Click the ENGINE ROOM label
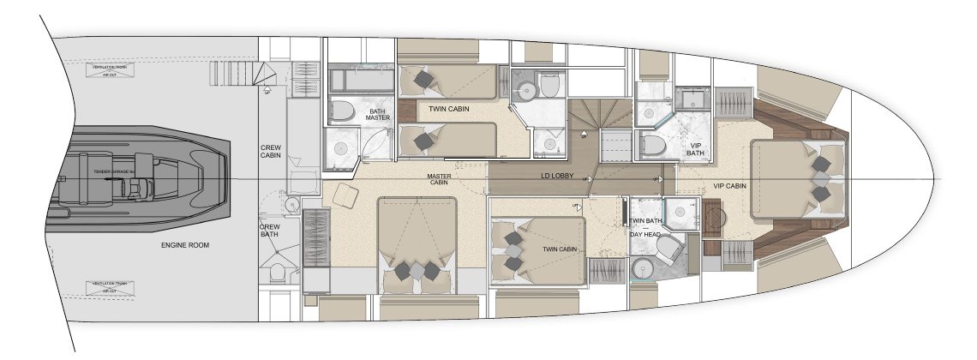pos(185,245)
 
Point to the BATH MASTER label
pos(378,115)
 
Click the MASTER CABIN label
pos(440,180)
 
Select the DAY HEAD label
pos(644,234)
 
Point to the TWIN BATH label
pos(645,222)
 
